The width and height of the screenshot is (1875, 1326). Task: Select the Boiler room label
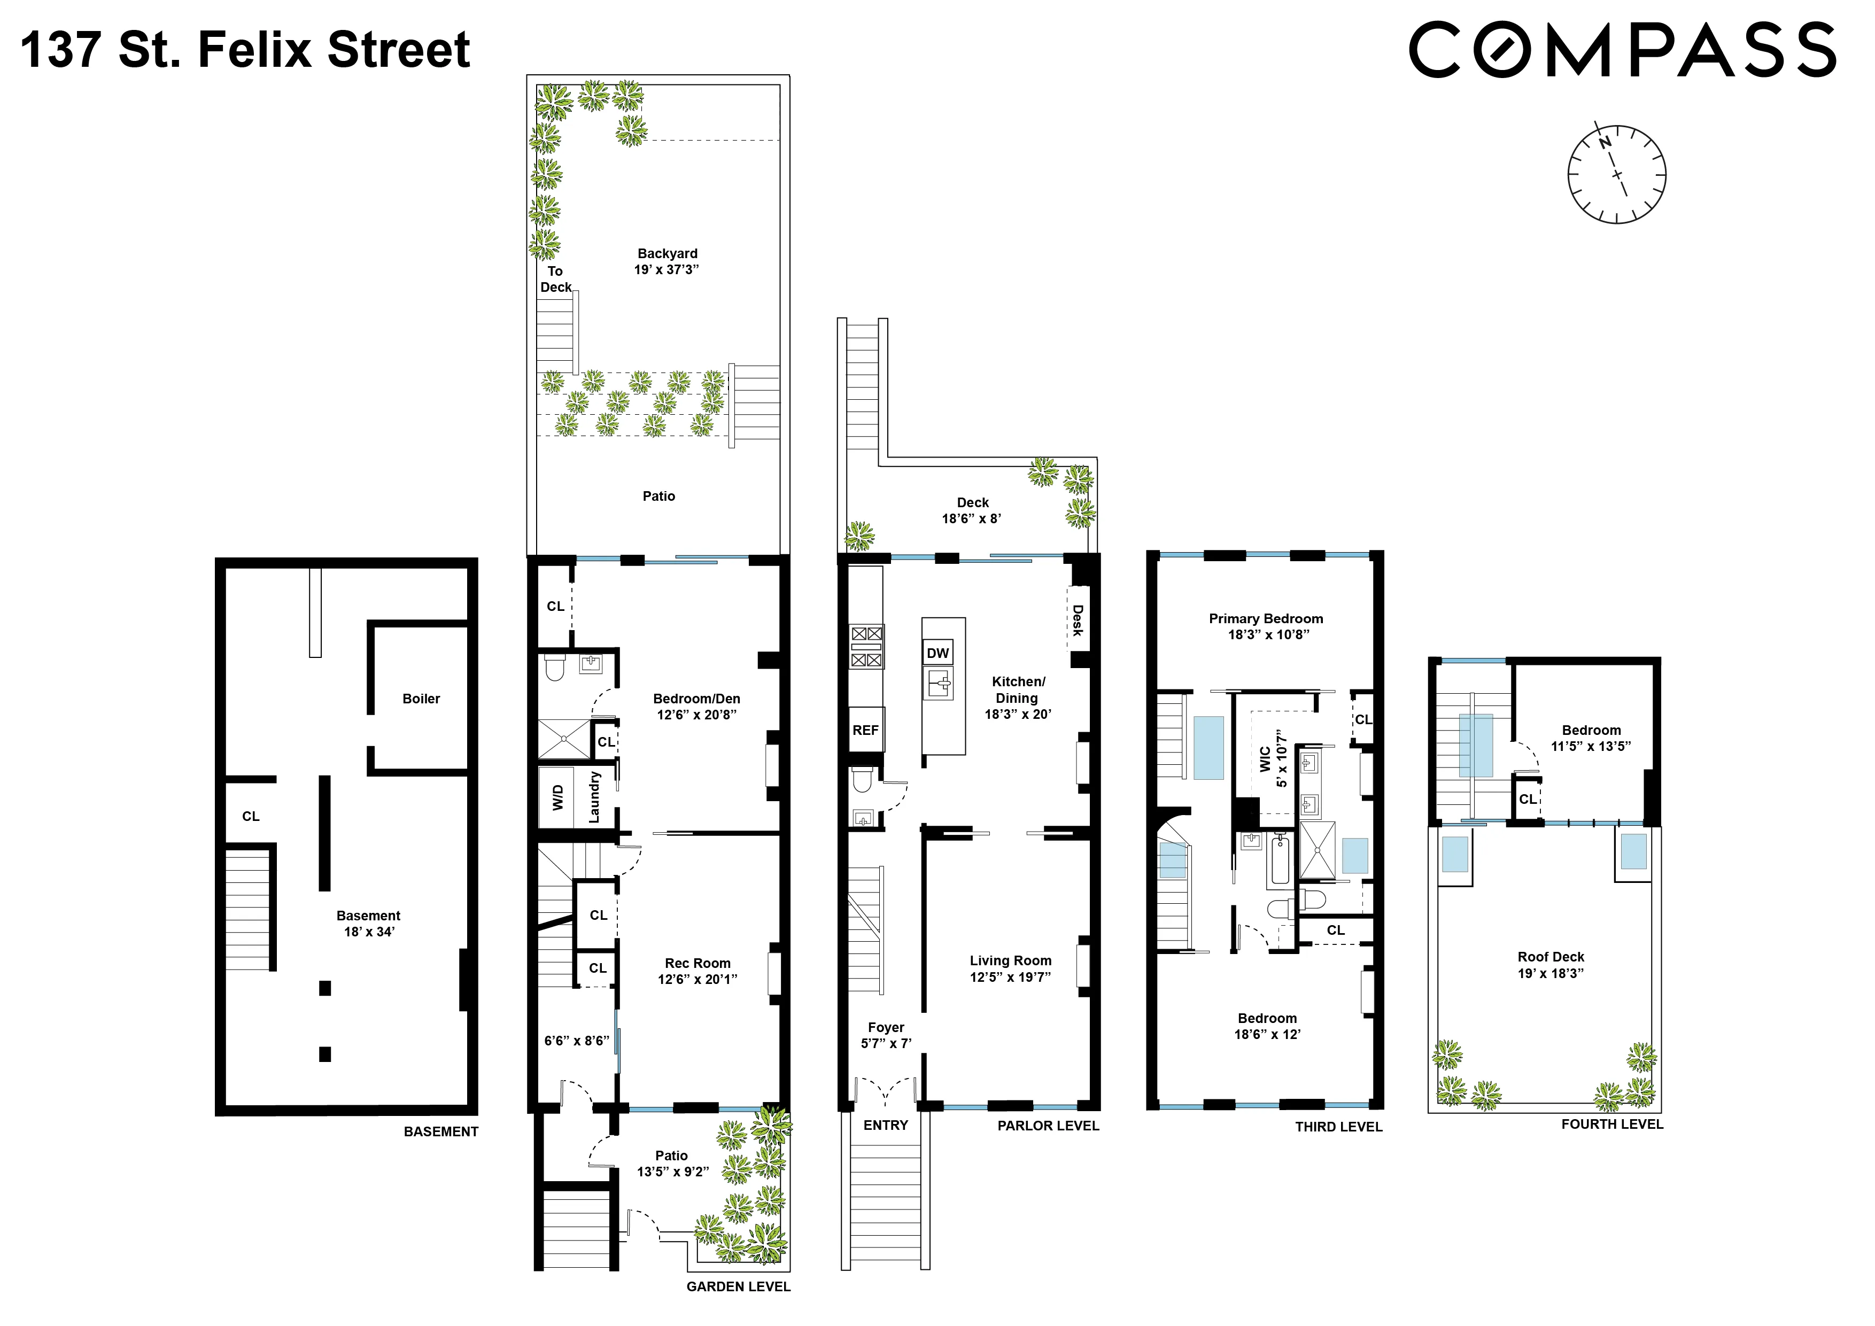(x=421, y=699)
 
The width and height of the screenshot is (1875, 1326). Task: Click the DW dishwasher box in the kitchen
(x=937, y=653)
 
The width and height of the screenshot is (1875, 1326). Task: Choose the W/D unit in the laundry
(x=558, y=797)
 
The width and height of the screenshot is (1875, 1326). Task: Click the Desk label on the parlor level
(x=1078, y=621)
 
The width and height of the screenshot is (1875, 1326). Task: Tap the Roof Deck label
(x=1550, y=957)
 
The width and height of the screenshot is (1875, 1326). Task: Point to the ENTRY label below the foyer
(x=885, y=1125)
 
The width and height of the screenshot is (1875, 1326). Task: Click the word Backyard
(x=667, y=254)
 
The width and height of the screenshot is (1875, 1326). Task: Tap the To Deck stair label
(x=555, y=279)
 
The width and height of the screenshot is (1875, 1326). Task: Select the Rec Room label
(x=698, y=964)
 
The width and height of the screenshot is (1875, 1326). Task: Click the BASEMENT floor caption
(x=441, y=1131)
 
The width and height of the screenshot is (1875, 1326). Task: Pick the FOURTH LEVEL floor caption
(x=1611, y=1125)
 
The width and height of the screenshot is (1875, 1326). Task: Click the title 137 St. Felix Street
(x=245, y=49)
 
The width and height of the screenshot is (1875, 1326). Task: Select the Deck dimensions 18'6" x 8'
(x=971, y=518)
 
